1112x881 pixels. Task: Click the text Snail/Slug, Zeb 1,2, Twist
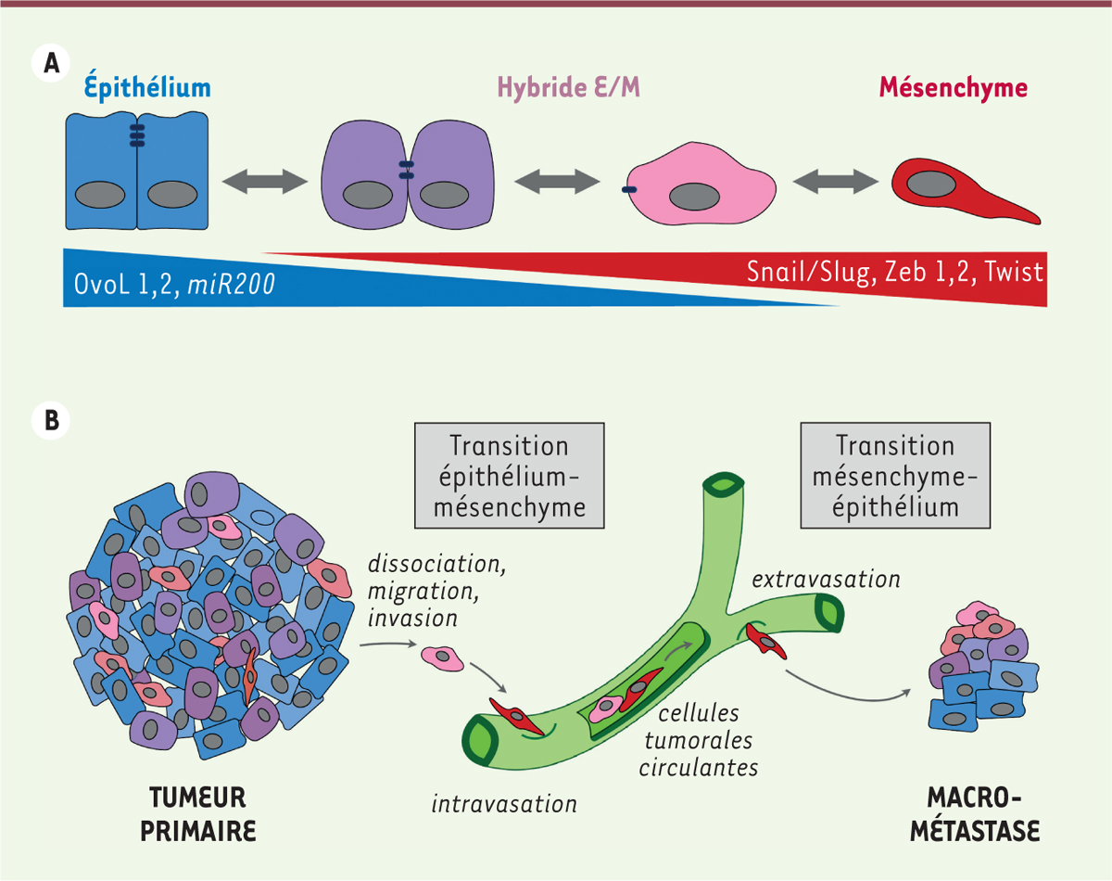point(895,273)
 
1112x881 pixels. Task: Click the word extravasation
point(827,581)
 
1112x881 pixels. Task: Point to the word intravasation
point(504,803)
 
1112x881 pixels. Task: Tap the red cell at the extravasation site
point(768,641)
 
